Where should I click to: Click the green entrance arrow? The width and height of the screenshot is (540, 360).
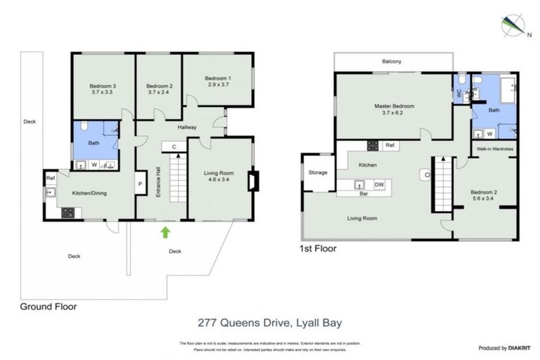165,231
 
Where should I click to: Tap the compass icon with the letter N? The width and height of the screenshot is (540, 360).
511,26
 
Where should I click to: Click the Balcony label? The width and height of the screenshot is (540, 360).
392,62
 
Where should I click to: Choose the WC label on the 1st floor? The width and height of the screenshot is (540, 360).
458,92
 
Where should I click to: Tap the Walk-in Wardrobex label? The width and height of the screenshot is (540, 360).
493,149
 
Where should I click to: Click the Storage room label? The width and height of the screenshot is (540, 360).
318,172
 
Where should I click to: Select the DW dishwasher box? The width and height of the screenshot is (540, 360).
379,184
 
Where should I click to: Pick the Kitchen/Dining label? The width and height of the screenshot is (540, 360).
90,192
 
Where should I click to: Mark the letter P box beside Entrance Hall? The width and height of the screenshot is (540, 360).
141,184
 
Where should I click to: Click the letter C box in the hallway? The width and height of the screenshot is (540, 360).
173,146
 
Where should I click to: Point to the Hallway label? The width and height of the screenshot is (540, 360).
187,127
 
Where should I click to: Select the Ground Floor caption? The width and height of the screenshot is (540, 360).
48,307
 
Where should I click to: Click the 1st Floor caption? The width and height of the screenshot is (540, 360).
319,249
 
